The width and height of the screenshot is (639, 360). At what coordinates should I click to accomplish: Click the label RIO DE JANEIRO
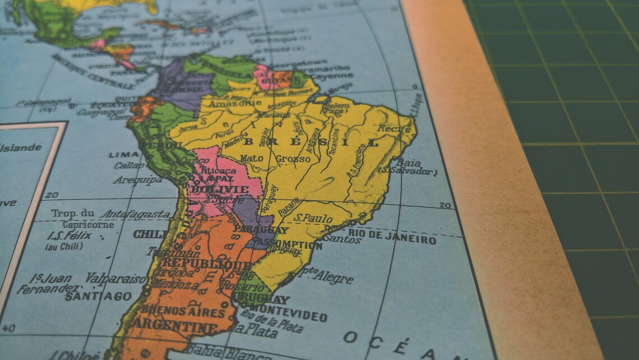pos(392,236)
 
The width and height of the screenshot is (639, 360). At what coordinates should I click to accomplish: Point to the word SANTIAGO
pos(99,296)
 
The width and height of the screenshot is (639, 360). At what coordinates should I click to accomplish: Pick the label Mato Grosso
pos(275,159)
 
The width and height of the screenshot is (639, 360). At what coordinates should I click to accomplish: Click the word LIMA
pos(124,154)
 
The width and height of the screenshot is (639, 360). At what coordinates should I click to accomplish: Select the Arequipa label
pos(138,180)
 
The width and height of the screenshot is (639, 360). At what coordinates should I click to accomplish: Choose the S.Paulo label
pos(313,218)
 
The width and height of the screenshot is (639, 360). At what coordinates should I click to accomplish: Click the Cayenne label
pos(331,76)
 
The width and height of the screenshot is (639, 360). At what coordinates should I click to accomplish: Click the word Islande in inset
pos(21,148)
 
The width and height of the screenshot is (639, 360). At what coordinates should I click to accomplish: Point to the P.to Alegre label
pos(326,276)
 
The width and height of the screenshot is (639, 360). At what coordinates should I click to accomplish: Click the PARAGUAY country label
pos(261,229)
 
